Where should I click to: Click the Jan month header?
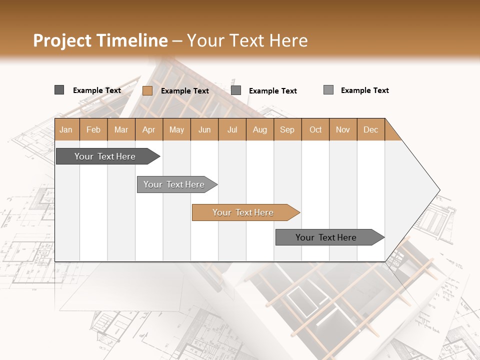tap(66, 129)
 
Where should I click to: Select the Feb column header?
tap(93, 129)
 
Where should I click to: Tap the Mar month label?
tap(121, 129)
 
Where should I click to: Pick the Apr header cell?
tap(149, 129)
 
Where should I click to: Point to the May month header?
tap(176, 129)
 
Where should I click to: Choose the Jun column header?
tap(204, 129)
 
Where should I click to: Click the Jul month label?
tap(232, 129)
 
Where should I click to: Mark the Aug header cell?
tap(260, 129)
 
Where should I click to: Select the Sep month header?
tap(287, 129)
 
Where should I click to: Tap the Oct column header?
tap(315, 129)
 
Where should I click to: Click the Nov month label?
tap(343, 129)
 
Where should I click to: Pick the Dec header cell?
tap(371, 129)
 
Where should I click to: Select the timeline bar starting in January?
tap(105, 156)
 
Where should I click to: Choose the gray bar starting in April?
tap(174, 184)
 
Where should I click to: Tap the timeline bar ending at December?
tap(326, 237)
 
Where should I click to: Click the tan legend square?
tap(147, 90)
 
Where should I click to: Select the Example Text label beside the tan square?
tap(185, 91)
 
